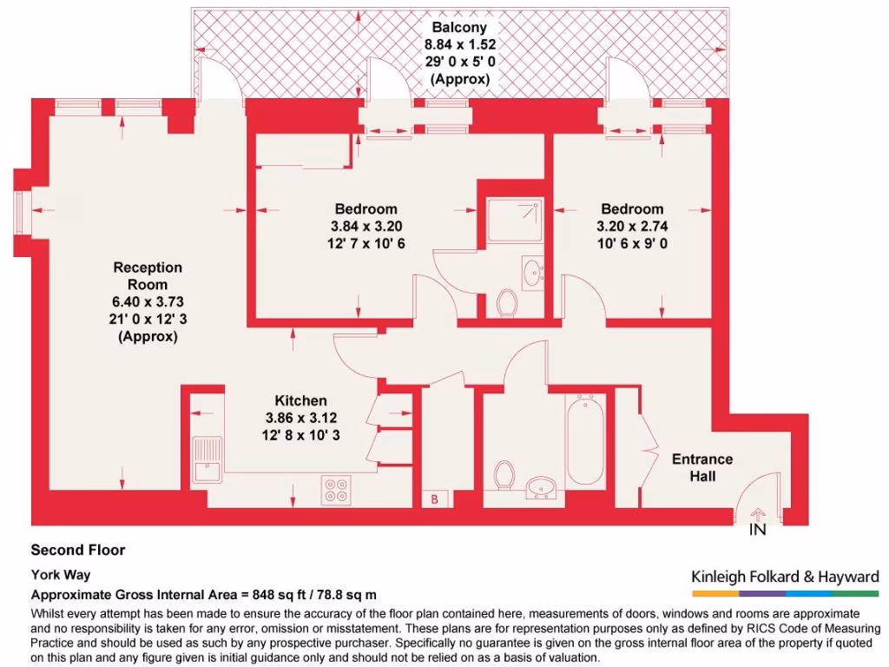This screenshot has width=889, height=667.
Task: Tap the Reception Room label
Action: pos(148,276)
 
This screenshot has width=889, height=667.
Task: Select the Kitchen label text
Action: pos(301,400)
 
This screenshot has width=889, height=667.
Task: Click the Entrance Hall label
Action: pos(702,467)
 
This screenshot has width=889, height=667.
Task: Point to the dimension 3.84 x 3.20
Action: pos(365,226)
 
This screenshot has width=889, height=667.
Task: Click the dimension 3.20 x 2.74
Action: pos(632,226)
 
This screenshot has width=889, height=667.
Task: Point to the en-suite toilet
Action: pos(509,302)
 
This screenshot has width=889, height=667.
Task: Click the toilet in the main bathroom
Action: pos(504,476)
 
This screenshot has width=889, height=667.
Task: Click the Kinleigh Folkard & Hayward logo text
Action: pos(785,577)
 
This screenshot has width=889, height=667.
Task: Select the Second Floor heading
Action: pos(78,550)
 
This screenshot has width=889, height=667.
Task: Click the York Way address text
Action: pos(61,574)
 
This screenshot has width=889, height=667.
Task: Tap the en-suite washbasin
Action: pos(532,270)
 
